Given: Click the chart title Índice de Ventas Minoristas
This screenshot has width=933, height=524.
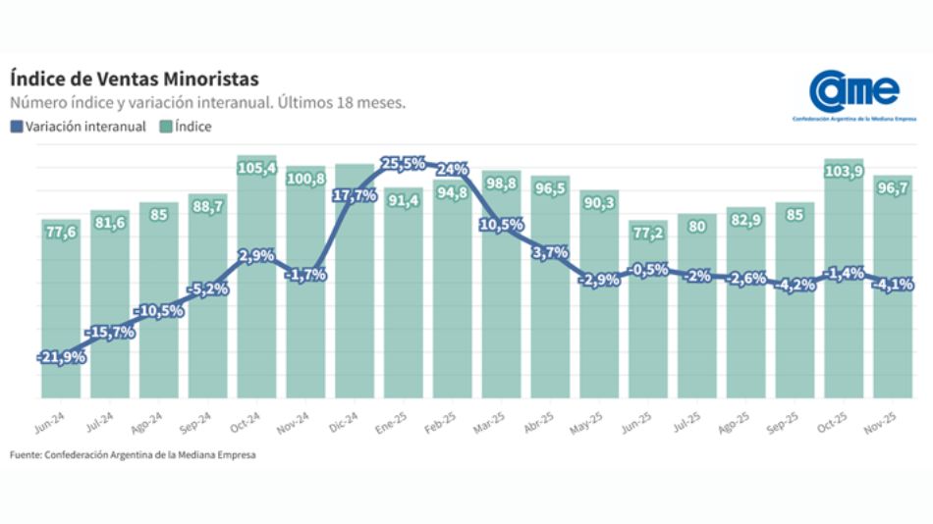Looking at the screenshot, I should pos(135,78).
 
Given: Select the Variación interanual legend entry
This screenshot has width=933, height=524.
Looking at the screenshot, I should pos(78,126).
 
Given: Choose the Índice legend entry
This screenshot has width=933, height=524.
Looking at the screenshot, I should pos(185,126).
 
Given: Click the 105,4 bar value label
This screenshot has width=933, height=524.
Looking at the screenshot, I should pos(256,169).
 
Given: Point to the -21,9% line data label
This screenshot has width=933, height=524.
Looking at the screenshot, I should pos(61,357).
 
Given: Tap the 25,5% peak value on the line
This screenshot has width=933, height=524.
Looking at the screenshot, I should pos(404,163).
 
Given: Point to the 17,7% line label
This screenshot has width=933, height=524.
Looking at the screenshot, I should pos(355,195).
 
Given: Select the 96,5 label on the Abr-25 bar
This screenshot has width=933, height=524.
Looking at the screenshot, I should pos(550,187).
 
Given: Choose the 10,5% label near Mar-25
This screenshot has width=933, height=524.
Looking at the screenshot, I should pos(501,225).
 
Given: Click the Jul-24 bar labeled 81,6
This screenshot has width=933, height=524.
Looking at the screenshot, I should pos(110,304).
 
